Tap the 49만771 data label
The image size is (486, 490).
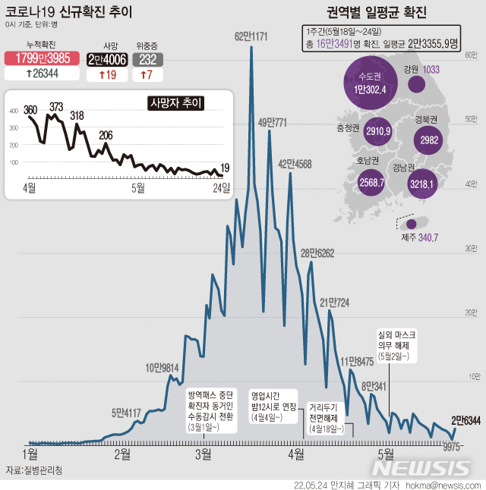[x=273, y=121]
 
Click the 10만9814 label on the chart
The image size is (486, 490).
[x=161, y=368]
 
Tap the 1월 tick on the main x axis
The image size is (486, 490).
[x=30, y=454]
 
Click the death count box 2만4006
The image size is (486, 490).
[x=106, y=59]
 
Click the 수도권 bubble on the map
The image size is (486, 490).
[x=370, y=83]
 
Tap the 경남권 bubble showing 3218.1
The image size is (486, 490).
[x=415, y=183]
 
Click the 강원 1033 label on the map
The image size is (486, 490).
[x=424, y=70]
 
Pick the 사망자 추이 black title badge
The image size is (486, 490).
[x=175, y=102]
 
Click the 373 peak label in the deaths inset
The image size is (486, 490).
[x=56, y=107]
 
